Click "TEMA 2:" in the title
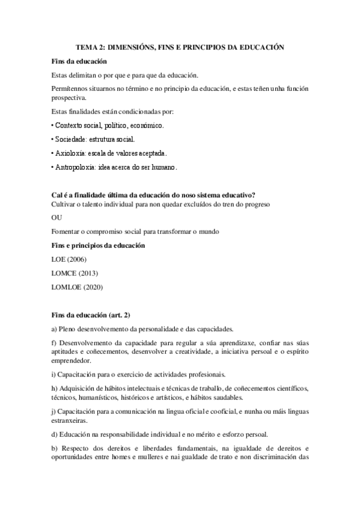tap(88, 46)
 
